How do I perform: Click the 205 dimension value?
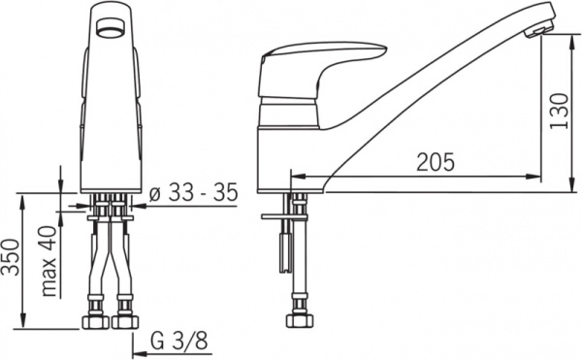pos(435,162)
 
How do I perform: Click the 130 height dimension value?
pos(559,111)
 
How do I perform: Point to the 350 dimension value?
pos(10,257)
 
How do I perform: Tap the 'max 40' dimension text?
pos(49,261)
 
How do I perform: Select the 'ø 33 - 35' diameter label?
pos(193,193)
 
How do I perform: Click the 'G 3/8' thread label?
pos(179,341)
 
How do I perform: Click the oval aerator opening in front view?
pos(112,28)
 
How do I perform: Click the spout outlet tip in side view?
pos(538,31)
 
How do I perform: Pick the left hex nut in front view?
pos(95,322)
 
